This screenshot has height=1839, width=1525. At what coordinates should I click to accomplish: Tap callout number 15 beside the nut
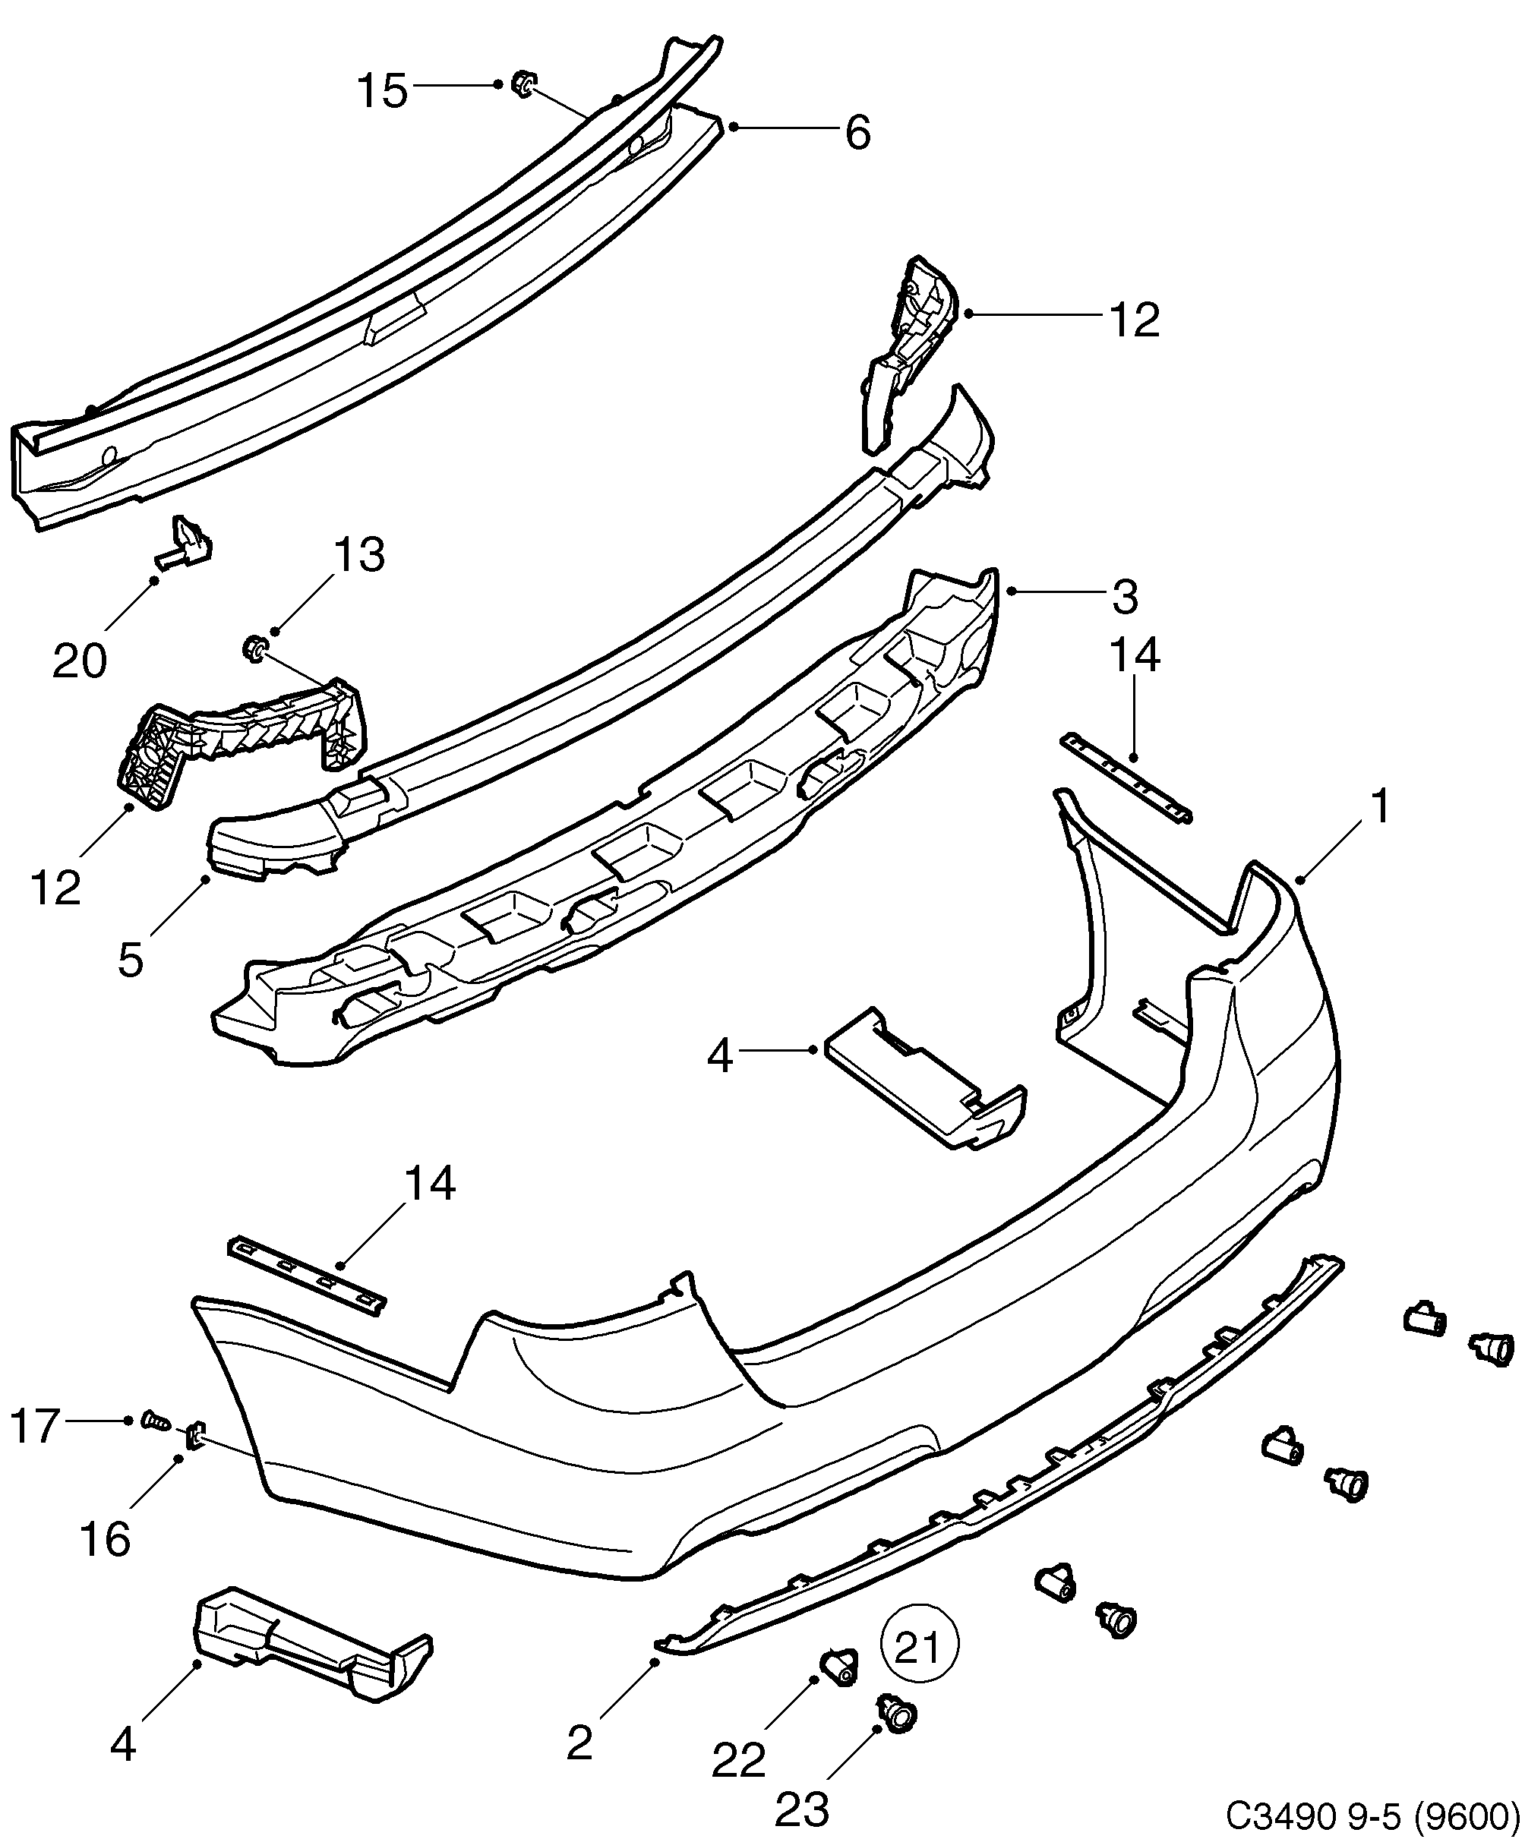pos(383,90)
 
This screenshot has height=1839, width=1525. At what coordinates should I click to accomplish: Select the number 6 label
pos(857,133)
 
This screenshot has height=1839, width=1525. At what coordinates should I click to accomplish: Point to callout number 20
pos(80,661)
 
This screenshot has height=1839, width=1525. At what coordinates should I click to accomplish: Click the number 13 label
pos(359,555)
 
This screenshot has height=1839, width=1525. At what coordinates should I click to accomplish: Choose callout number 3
pos(1125,598)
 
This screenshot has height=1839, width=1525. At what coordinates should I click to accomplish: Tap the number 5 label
pos(130,960)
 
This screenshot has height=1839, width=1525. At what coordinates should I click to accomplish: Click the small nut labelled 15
pos(524,84)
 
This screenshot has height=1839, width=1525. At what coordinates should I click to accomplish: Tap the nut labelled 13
pos(254,649)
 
